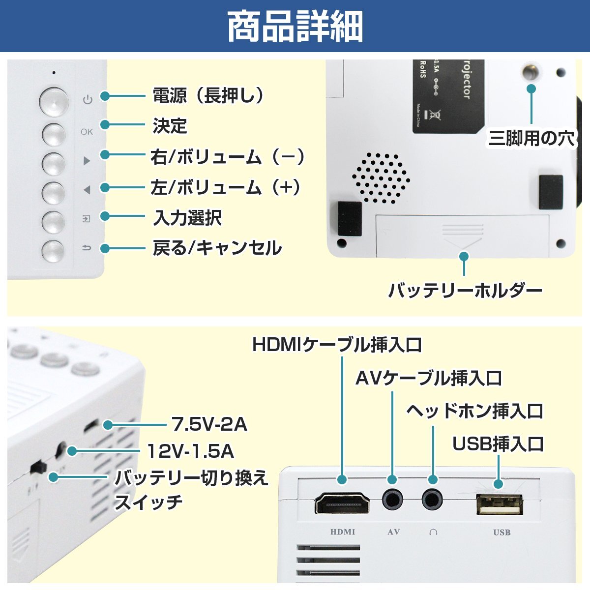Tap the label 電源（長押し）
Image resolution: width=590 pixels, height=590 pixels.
[208, 95]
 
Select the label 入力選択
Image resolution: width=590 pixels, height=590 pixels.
[187, 217]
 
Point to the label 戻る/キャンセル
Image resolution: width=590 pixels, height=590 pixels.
[217, 248]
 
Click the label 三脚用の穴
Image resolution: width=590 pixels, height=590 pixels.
[531, 139]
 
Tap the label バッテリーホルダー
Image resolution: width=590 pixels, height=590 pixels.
[465, 291]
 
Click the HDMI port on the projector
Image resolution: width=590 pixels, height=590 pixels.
[342, 503]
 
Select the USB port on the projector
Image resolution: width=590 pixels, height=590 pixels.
[500, 504]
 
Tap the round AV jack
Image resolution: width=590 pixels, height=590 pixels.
[392, 501]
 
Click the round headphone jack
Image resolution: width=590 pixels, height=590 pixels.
[432, 501]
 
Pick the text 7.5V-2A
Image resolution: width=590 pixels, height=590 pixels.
[209, 424]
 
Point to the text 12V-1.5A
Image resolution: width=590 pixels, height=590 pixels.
[191, 451]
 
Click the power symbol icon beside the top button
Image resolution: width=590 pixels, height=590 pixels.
[88, 100]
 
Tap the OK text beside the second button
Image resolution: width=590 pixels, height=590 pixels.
[87, 132]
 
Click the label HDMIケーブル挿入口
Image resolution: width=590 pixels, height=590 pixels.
[337, 345]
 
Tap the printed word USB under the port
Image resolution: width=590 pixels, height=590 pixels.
[501, 532]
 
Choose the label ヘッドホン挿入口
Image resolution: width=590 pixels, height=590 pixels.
[474, 411]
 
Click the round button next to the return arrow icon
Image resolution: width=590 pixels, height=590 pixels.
[53, 251]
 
